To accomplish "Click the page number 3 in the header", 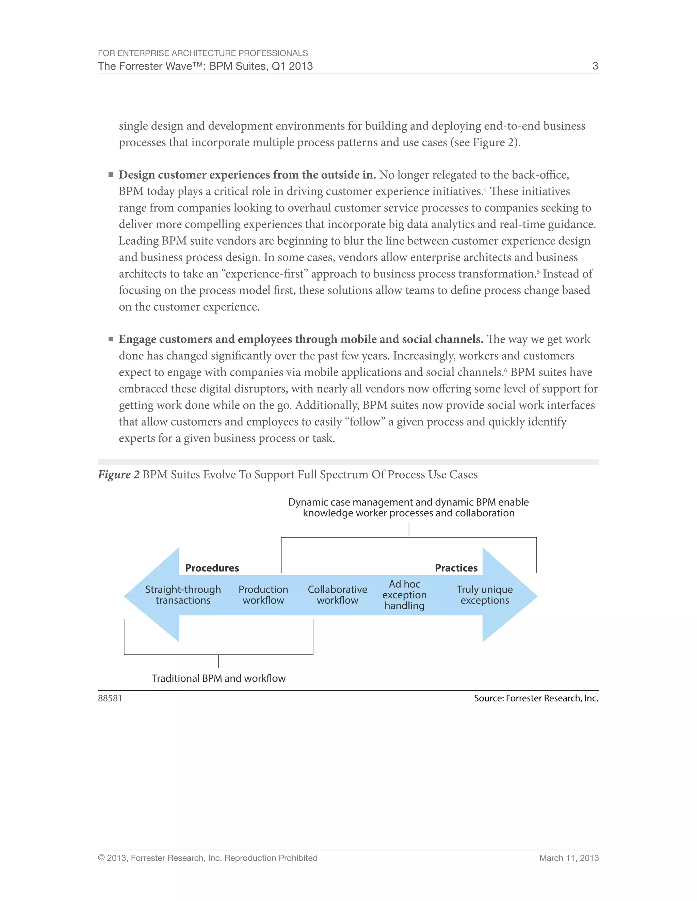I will (x=595, y=66).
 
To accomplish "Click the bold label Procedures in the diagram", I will (x=212, y=568).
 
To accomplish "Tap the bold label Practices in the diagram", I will (x=456, y=568).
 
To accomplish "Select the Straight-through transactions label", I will (x=183, y=595).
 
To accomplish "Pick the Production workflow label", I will (x=263, y=595).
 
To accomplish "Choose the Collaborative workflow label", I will (x=337, y=595).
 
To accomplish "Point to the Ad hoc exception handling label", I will (x=404, y=595).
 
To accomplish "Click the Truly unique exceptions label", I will (x=484, y=595).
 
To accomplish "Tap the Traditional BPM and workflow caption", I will (x=218, y=679).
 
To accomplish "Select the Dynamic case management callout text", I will (x=408, y=507).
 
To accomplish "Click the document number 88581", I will (x=110, y=698).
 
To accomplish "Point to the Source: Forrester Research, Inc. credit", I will (x=536, y=698).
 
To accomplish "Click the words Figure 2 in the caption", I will (x=118, y=475).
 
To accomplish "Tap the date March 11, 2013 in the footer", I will (x=569, y=858).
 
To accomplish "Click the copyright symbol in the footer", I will (x=101, y=858).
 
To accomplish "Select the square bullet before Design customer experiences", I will (x=111, y=175).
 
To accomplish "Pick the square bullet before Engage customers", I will (x=111, y=339).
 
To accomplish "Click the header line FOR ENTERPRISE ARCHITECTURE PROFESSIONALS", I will (x=203, y=53).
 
